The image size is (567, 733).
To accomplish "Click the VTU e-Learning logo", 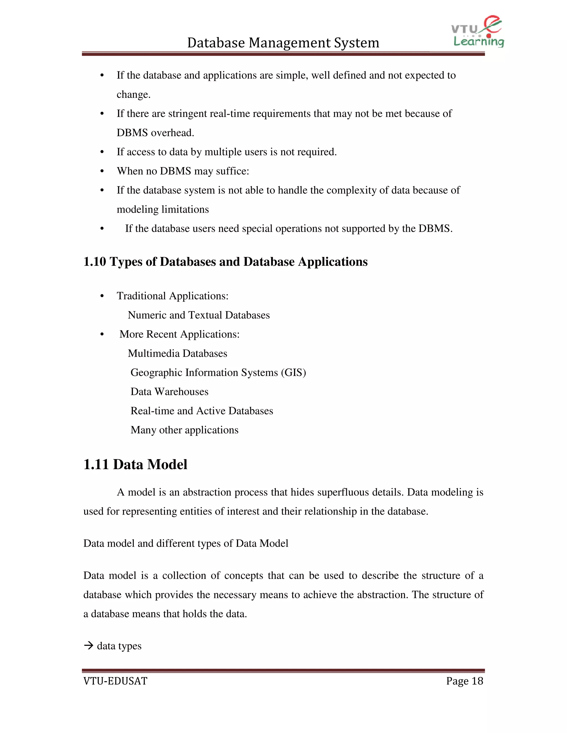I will coord(477,32).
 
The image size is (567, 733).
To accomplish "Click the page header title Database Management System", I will coord(283,43).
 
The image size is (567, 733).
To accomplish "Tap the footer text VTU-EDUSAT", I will coord(115,681).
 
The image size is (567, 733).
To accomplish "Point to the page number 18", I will coord(477,681).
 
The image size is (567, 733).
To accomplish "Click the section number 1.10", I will coord(95,262).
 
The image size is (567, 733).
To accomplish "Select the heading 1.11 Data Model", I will coord(135,464).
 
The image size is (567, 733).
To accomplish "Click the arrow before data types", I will coord(88,645).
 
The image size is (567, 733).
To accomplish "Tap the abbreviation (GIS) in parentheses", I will coord(293,373).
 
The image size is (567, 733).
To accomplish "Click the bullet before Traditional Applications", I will coord(102,296).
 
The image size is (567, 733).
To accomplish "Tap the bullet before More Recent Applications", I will coord(102,334).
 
